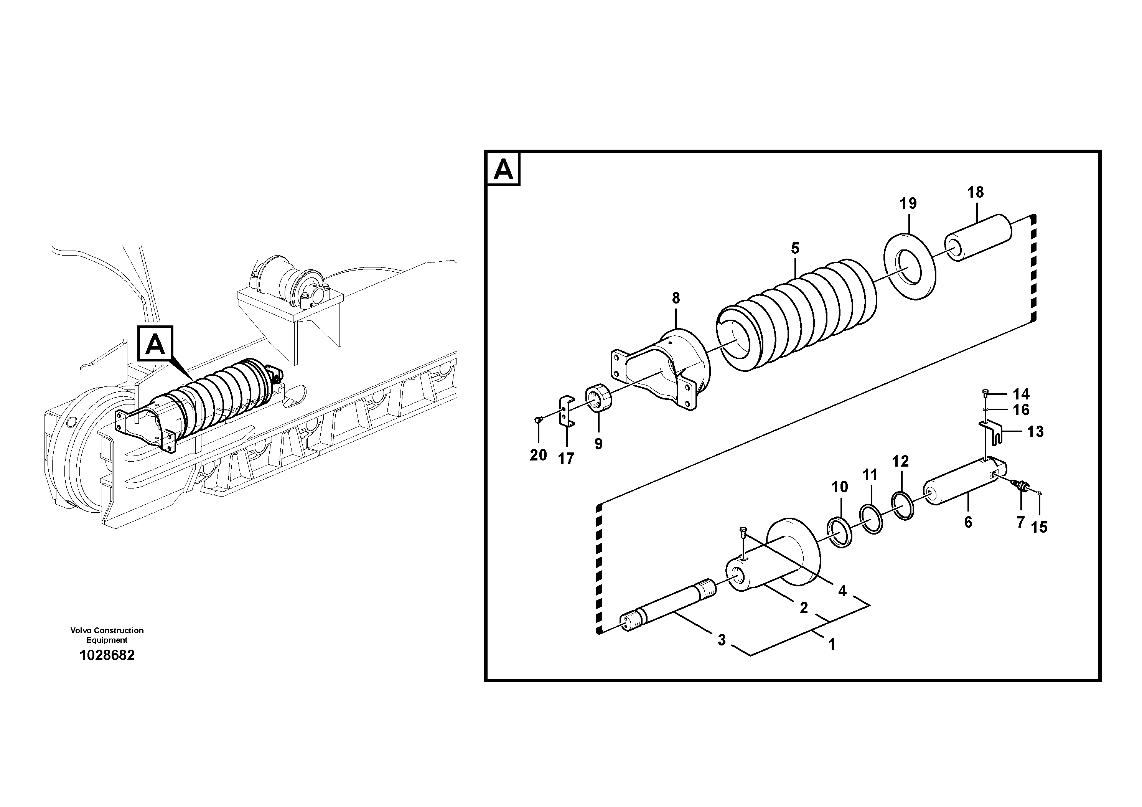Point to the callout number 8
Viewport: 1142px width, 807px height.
676,299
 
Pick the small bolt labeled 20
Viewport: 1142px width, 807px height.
537,421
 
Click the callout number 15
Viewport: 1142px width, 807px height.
1039,527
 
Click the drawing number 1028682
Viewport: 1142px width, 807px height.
107,655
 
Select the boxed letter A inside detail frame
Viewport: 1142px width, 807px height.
503,170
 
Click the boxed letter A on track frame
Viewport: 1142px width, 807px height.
155,344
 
